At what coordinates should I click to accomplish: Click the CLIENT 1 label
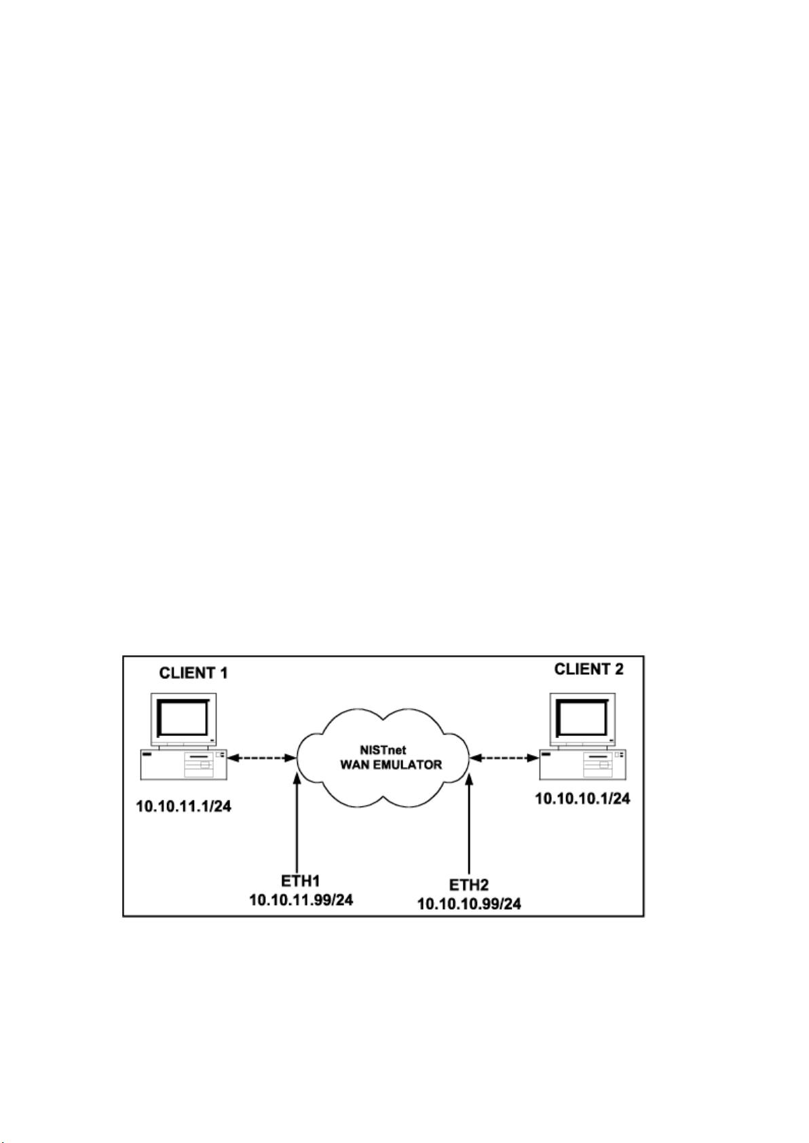(193, 673)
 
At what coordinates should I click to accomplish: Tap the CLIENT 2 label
(588, 669)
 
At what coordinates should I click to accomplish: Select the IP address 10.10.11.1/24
(184, 807)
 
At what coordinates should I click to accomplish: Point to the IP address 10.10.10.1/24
(582, 798)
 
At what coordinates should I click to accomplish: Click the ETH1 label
(301, 880)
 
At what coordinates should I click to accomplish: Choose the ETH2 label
(469, 885)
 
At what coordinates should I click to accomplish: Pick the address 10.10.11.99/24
(301, 899)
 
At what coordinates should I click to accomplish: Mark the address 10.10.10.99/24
(470, 904)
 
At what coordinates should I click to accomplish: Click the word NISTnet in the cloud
(383, 751)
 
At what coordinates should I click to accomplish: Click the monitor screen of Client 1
(183, 718)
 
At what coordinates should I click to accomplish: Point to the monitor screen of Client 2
(582, 717)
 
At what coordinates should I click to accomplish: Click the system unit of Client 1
(184, 764)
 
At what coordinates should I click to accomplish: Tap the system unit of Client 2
(583, 764)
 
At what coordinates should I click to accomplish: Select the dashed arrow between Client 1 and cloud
(262, 758)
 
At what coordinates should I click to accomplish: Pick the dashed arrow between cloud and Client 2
(505, 758)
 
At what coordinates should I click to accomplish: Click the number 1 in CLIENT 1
(223, 673)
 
